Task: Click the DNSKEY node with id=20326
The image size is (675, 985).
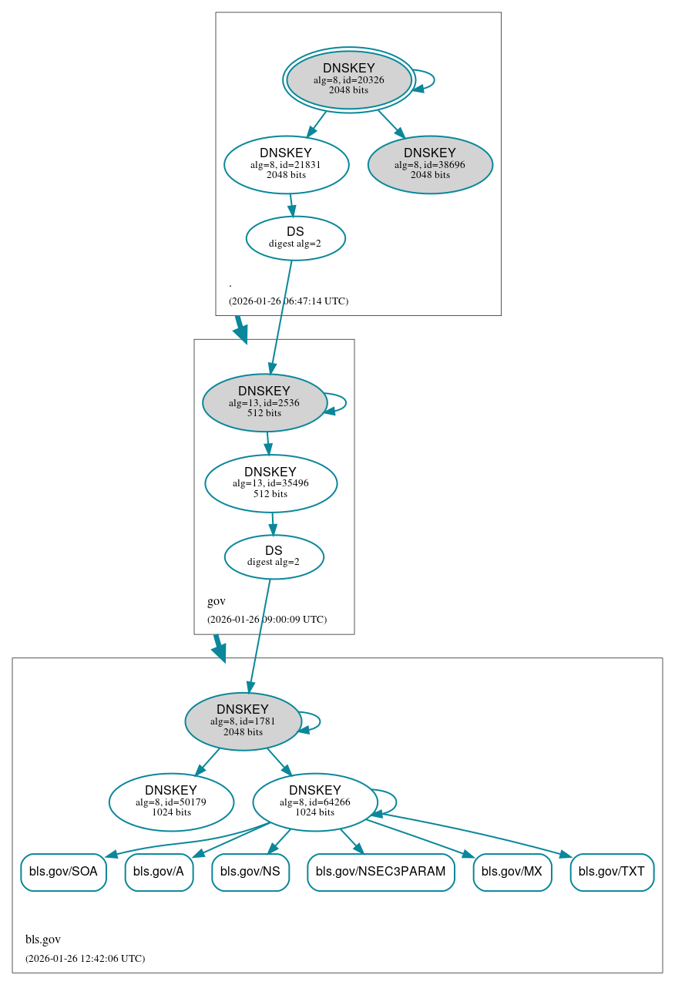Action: click(x=349, y=79)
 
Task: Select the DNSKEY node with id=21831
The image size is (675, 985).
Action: click(x=287, y=164)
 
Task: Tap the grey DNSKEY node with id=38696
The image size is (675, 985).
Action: click(x=430, y=164)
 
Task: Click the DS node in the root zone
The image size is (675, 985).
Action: click(x=295, y=238)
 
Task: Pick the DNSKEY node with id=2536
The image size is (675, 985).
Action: click(x=264, y=402)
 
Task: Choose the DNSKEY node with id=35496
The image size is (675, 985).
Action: click(x=270, y=483)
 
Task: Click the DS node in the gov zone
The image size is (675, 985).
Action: click(x=274, y=556)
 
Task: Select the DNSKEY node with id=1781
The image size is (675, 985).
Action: click(x=243, y=721)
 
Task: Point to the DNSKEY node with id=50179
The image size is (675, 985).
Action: click(x=171, y=802)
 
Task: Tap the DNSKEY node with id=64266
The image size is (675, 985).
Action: click(x=314, y=802)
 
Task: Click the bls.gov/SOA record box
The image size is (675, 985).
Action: click(x=63, y=872)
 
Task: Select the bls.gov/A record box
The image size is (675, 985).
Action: click(x=159, y=872)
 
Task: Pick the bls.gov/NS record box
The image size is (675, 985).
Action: click(x=250, y=872)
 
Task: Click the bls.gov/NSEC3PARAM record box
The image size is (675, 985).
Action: click(x=381, y=872)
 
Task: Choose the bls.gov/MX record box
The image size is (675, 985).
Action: click(x=512, y=872)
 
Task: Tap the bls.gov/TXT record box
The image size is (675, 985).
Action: click(x=612, y=872)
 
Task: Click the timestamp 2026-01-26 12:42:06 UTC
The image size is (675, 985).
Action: click(x=85, y=959)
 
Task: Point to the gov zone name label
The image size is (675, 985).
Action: click(x=217, y=601)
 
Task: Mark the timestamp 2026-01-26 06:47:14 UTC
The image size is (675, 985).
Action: click(x=288, y=301)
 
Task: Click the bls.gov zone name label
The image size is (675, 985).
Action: click(x=43, y=940)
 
